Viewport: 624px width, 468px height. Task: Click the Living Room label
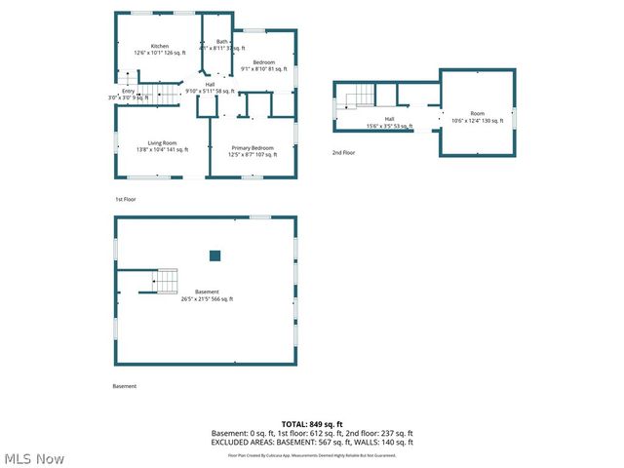162,145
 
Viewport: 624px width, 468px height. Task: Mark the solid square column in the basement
214,255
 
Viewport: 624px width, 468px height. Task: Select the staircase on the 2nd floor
362,95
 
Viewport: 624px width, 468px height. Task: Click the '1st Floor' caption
125,199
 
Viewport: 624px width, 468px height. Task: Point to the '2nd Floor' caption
343,153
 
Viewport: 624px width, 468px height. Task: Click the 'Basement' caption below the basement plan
125,386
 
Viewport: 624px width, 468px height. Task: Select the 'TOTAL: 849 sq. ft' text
312,424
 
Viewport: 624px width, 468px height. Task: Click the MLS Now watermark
34,458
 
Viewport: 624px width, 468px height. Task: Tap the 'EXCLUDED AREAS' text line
312,442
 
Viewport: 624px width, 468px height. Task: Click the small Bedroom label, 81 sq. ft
264,65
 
